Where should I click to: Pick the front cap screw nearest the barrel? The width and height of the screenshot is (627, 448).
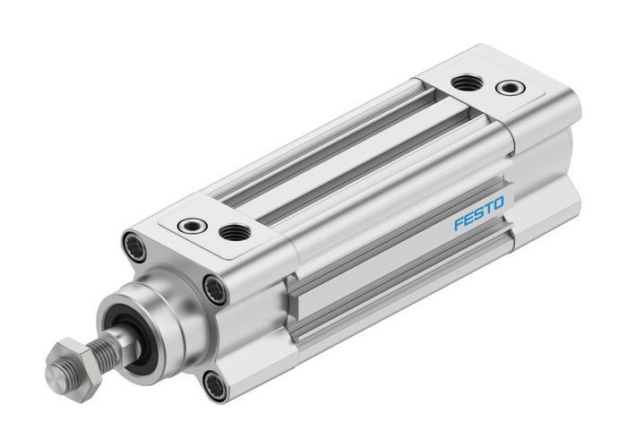214,289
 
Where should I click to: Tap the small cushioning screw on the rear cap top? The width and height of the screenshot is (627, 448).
510,88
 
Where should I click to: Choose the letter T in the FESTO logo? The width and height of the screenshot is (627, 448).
489,210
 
